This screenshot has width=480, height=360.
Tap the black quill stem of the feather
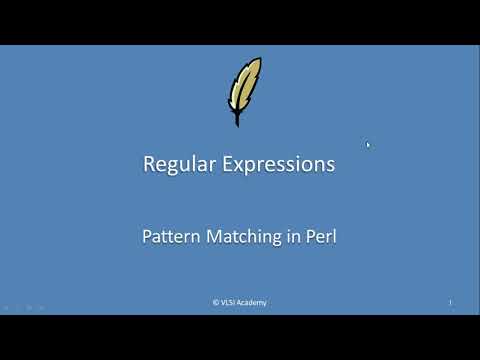tap(237, 118)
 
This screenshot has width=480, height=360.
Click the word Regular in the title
tap(178, 165)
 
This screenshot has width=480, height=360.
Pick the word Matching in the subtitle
tap(240, 238)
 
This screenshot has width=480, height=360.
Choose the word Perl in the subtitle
tap(319, 238)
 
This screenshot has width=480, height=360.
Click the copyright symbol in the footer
tap(216, 303)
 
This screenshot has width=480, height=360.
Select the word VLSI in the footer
tap(229, 303)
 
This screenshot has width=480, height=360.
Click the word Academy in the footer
tap(253, 303)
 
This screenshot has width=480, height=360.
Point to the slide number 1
tap(450, 303)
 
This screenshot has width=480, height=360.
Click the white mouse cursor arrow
tap(368, 145)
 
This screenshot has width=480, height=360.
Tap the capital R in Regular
tap(149, 165)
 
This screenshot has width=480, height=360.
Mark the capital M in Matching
tap(213, 238)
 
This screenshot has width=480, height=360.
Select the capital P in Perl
tap(307, 238)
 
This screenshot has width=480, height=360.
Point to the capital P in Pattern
tap(145, 238)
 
